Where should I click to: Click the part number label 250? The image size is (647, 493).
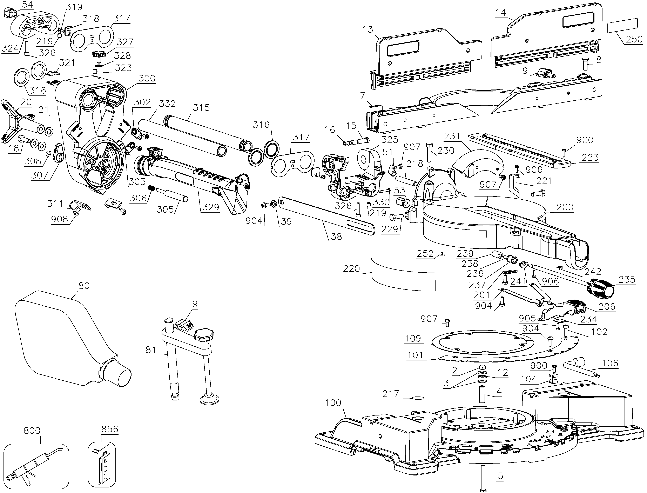tap(634, 39)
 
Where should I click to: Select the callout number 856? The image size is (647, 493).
tap(110, 429)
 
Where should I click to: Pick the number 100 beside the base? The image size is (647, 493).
tap(333, 403)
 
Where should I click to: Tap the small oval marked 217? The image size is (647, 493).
tap(418, 398)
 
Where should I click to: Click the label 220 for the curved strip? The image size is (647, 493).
tap(351, 268)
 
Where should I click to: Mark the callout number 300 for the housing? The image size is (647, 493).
tap(147, 78)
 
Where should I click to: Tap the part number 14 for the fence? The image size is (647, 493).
tap(501, 13)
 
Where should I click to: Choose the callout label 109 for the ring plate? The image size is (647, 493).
tap(413, 338)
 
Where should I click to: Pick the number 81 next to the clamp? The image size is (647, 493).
tap(151, 349)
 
